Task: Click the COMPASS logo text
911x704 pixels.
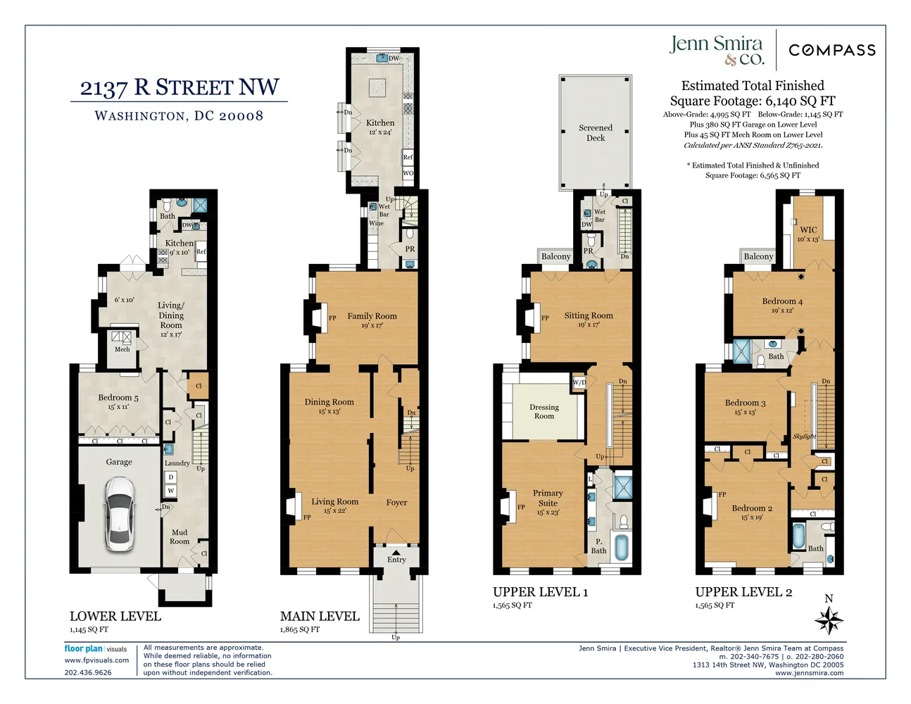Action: pos(832,50)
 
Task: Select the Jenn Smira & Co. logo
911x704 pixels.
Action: pos(716,49)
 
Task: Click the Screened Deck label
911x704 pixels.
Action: pos(596,133)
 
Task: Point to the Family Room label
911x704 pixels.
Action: pos(372,317)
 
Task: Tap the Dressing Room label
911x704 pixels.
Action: pos(544,412)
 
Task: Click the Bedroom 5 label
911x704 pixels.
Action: pos(118,398)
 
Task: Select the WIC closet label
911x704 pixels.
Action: pos(808,230)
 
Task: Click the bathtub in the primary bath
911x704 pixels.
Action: pos(621,547)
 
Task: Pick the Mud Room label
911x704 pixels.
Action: pos(180,537)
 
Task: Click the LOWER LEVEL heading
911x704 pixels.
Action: pos(115,616)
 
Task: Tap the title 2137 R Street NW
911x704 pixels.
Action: pos(180,88)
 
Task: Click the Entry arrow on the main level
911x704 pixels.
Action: pos(396,552)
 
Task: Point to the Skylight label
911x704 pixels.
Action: pos(805,436)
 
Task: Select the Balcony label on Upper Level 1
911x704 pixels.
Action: pos(555,257)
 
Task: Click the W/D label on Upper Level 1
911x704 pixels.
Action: pos(579,383)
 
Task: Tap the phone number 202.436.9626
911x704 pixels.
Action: pos(88,672)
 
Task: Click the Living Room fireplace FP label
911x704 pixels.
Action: pos(307,517)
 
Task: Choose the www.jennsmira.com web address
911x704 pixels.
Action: pos(809,673)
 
